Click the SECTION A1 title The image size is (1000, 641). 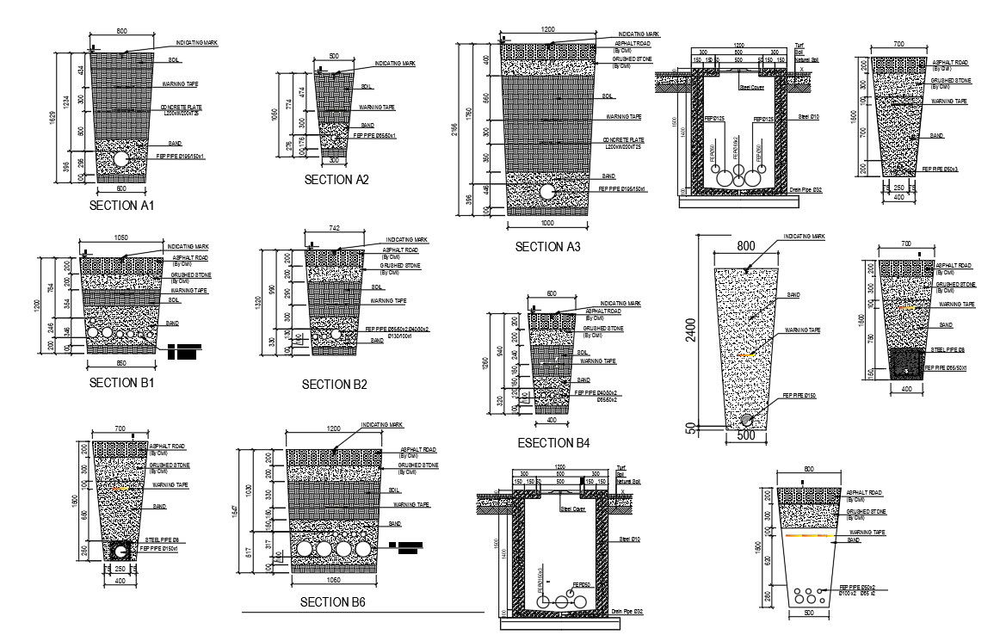[x=121, y=206]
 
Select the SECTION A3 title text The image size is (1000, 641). [x=547, y=247]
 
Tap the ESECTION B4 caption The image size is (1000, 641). [x=553, y=444]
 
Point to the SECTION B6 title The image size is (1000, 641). [x=333, y=602]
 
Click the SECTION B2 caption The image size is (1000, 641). [x=335, y=385]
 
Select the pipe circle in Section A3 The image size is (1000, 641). [x=547, y=191]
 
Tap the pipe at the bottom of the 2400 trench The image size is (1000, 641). [x=748, y=420]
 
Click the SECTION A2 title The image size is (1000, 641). [x=336, y=180]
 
